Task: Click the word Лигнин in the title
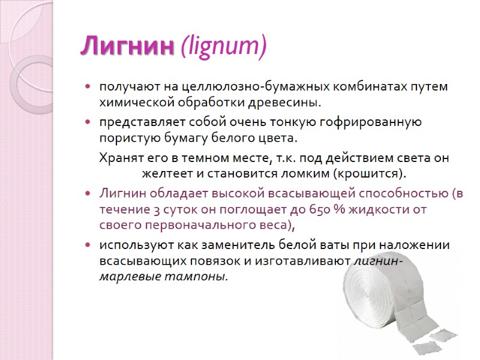click(127, 47)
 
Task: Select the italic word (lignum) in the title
click(223, 47)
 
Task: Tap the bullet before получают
click(88, 88)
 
